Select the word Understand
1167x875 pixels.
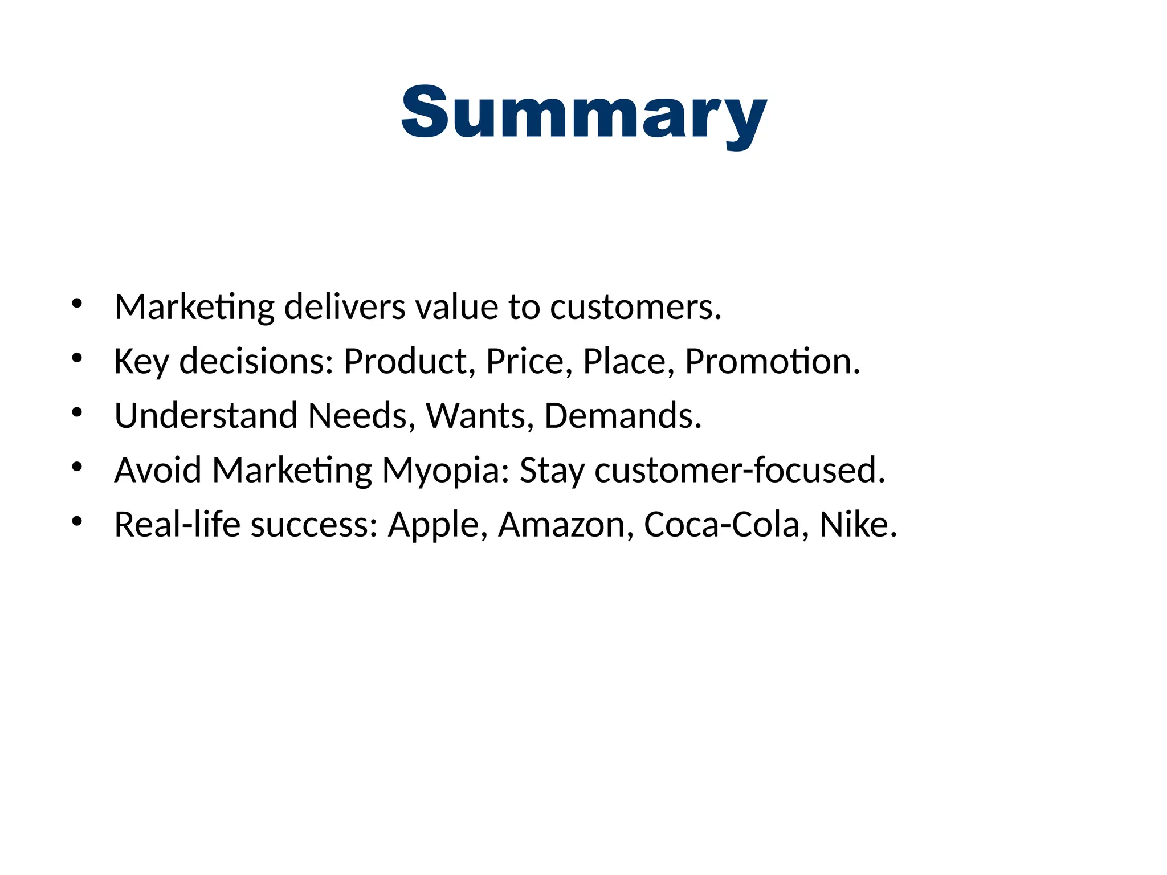pos(206,415)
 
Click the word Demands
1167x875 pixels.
pos(622,415)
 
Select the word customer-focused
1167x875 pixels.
pos(739,471)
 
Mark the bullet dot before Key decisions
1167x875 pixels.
pos(77,358)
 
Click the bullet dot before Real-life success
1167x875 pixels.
pos(77,521)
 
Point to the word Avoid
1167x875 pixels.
pos(158,471)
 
